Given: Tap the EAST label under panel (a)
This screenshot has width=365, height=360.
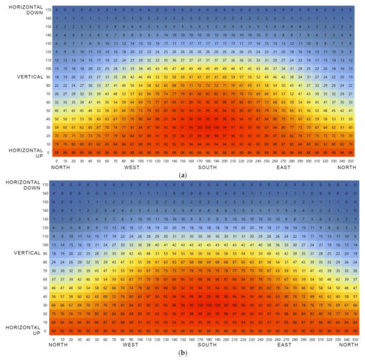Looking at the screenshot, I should click(x=284, y=168).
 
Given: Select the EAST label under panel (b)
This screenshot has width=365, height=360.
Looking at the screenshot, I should click(x=284, y=345).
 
